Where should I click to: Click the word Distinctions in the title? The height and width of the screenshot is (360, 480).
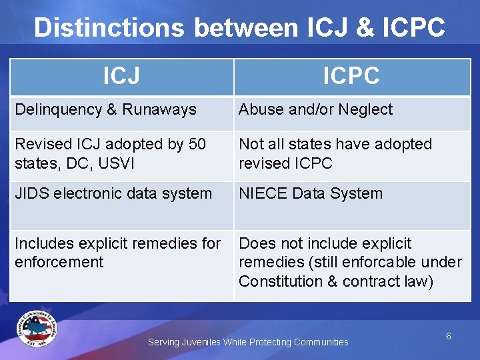pos(109,27)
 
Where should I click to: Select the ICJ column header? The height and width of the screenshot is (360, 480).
pos(121,75)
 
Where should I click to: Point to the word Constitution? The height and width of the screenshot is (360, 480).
pos(281,281)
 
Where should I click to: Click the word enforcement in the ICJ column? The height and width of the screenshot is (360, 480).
pos(59,262)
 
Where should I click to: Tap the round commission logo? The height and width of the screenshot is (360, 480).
pos(37,329)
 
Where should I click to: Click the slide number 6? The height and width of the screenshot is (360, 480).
pos(449,336)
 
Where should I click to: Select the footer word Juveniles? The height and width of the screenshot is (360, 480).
pos(201,342)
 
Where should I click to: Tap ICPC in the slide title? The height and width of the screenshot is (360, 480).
pos(414,27)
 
